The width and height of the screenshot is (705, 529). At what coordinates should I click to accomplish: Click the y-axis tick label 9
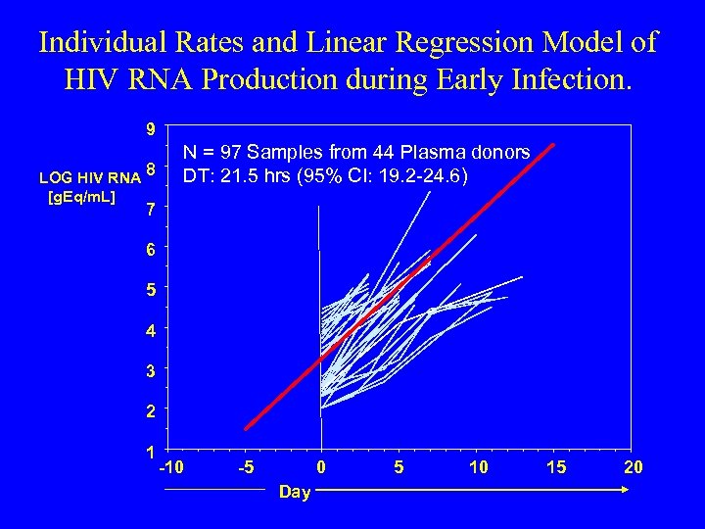pyautogui.click(x=149, y=128)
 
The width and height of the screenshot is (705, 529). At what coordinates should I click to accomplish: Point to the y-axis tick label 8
pyautogui.click(x=151, y=169)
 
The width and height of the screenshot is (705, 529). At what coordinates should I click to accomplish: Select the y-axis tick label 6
pyautogui.click(x=149, y=250)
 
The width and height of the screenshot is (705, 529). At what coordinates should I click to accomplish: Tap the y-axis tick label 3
pyautogui.click(x=149, y=371)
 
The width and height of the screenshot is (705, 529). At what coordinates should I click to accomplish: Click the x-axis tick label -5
pyautogui.click(x=247, y=467)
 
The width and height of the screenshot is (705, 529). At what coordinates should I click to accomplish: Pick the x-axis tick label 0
pyautogui.click(x=321, y=467)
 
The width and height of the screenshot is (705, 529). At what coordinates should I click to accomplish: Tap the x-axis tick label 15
pyautogui.click(x=555, y=467)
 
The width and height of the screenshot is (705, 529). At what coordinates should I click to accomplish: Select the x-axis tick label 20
pyautogui.click(x=634, y=467)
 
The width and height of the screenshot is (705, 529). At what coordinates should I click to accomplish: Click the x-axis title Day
pyautogui.click(x=294, y=492)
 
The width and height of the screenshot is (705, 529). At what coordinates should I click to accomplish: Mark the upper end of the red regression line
pyautogui.click(x=554, y=145)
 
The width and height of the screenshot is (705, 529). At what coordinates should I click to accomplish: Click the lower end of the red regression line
pyautogui.click(x=246, y=428)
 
